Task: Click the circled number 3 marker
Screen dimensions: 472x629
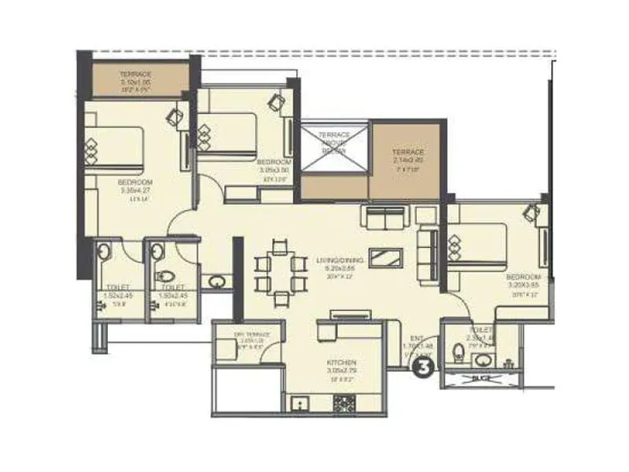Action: tap(425, 365)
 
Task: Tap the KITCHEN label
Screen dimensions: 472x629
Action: tap(341, 363)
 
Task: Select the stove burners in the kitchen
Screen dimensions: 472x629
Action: tap(344, 404)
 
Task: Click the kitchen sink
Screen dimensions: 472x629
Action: tap(300, 404)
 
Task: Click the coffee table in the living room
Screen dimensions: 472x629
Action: tap(384, 257)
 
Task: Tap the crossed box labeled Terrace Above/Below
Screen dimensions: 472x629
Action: tap(335, 145)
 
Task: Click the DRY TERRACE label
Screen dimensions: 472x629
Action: tap(252, 334)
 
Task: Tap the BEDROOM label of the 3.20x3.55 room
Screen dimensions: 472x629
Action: tap(523, 278)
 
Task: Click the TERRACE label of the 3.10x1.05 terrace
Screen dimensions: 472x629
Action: tap(135, 74)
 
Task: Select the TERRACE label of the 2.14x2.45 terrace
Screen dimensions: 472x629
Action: tap(409, 152)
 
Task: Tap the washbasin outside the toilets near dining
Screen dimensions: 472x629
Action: tap(215, 280)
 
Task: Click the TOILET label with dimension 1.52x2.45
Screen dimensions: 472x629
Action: tap(116, 287)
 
